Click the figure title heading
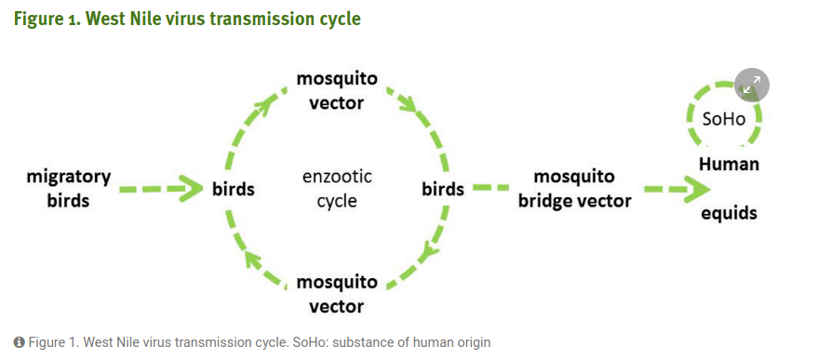pyautogui.click(x=187, y=19)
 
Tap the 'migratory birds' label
pyautogui.click(x=68, y=188)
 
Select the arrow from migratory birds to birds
pyautogui.click(x=161, y=189)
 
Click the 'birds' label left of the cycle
pyautogui.click(x=234, y=189)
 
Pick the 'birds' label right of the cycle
pyautogui.click(x=443, y=189)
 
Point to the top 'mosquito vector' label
pyautogui.click(x=337, y=91)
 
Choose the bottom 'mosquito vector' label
pyautogui.click(x=337, y=294)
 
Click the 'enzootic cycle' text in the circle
pyautogui.click(x=337, y=188)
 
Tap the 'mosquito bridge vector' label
pyautogui.click(x=574, y=188)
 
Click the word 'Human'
pyautogui.click(x=729, y=164)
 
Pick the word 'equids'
pyautogui.click(x=729, y=212)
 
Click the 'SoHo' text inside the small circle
pyautogui.click(x=724, y=119)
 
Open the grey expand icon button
pyautogui.click(x=752, y=85)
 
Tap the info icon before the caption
pyautogui.click(x=20, y=342)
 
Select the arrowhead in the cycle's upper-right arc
pyautogui.click(x=409, y=105)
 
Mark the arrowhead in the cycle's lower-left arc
pyautogui.click(x=254, y=261)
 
